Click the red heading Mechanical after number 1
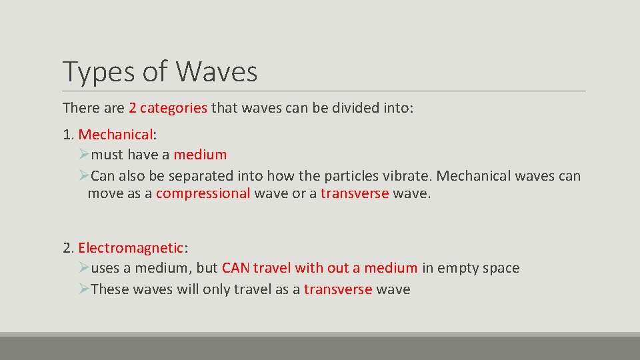click(x=115, y=134)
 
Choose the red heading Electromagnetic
click(x=130, y=248)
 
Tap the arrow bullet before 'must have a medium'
click(x=83, y=155)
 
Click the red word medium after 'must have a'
click(x=200, y=155)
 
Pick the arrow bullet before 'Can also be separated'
click(x=83, y=176)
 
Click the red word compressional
click(x=203, y=193)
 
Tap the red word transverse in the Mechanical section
click(x=354, y=193)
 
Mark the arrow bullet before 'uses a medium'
click(x=83, y=268)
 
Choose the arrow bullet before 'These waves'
click(x=83, y=289)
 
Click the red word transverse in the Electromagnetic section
click(x=337, y=289)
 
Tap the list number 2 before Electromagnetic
click(x=67, y=248)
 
